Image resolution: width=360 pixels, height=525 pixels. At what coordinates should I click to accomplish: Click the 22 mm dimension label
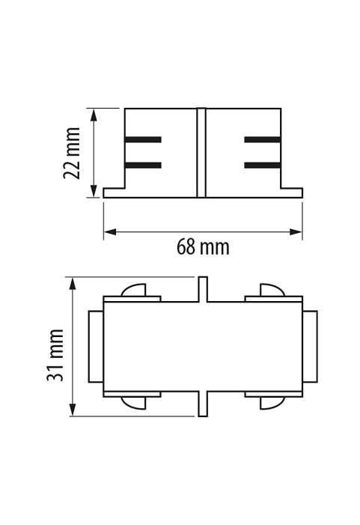coord(72,154)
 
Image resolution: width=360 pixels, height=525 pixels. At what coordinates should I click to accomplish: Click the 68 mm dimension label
coord(203,247)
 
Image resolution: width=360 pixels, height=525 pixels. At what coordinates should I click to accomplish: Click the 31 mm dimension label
coord(55,355)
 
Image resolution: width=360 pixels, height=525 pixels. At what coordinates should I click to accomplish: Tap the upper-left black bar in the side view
coord(143,139)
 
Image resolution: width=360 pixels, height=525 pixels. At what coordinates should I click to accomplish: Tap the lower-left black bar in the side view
coord(143,165)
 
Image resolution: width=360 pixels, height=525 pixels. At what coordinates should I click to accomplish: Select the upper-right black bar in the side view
coord(263,139)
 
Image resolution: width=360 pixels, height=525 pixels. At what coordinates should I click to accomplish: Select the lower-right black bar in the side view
coord(263,165)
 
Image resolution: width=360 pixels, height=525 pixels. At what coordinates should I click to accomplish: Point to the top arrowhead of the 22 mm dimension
coord(94,115)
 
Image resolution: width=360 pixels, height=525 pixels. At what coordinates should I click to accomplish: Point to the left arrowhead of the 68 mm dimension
coord(110,231)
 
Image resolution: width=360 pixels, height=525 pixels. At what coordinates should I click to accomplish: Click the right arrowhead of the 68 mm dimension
coord(296,231)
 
